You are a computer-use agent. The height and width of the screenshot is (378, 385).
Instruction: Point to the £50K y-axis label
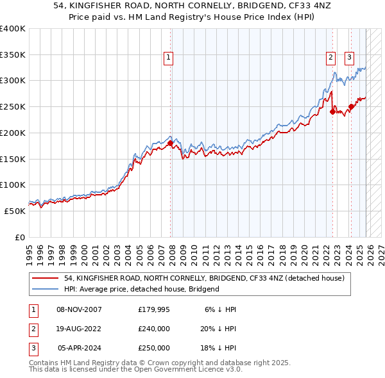point(14,211)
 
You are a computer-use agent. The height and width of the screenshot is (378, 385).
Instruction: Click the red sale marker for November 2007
point(170,144)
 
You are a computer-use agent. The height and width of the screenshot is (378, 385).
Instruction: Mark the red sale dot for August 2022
point(332,111)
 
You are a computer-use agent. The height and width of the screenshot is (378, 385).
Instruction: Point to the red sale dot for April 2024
point(350,106)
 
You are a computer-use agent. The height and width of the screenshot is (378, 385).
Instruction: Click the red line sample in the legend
point(46,278)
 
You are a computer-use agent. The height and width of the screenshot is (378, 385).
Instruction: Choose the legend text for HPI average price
point(141,289)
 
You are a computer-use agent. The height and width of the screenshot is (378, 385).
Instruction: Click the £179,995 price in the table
point(154,309)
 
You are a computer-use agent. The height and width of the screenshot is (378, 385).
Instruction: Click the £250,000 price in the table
point(154,348)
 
